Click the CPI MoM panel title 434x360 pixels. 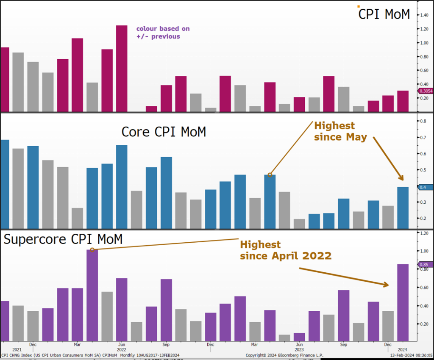384,14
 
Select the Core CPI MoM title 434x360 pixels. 164,132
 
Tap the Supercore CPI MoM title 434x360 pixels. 63,239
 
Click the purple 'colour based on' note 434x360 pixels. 163,33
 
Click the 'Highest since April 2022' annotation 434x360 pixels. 286,250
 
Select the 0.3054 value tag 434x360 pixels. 426,91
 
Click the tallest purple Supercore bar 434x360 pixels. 92,295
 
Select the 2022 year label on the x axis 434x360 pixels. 121,350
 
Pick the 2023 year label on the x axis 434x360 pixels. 299,350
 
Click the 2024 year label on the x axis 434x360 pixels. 403,350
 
